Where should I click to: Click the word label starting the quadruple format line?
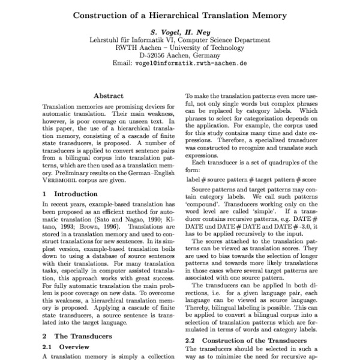pos(193,163)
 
